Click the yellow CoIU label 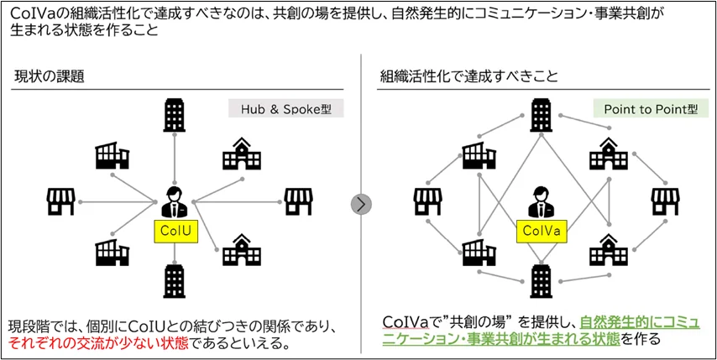(x=174, y=232)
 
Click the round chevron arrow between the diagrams (x=361, y=203)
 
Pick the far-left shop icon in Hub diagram (x=61, y=201)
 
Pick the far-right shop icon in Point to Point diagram (x=665, y=201)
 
